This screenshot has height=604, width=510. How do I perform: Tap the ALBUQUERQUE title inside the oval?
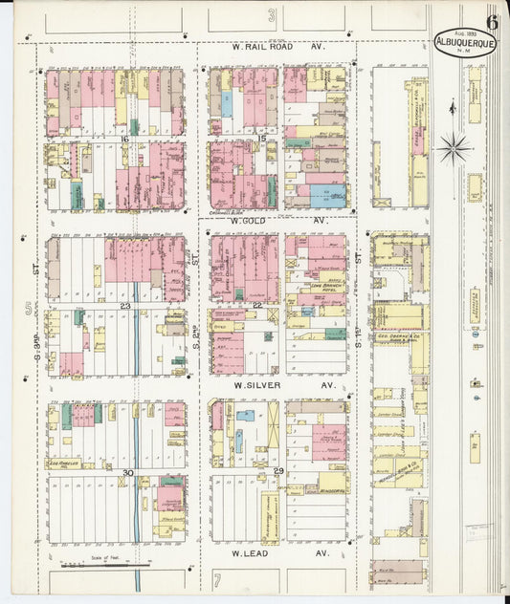tap(465, 42)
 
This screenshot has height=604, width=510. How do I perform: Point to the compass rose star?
tap(453, 147)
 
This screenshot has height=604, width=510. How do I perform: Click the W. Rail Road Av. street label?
tap(278, 45)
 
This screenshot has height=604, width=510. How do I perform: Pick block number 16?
tap(123, 139)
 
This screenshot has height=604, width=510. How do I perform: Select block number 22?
tap(257, 305)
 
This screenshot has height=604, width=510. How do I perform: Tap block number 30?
tap(126, 472)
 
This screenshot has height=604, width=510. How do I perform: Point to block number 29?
tap(278, 472)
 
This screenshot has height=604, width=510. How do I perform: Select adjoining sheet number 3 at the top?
tap(271, 14)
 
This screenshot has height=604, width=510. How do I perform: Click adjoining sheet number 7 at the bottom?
tap(217, 579)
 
